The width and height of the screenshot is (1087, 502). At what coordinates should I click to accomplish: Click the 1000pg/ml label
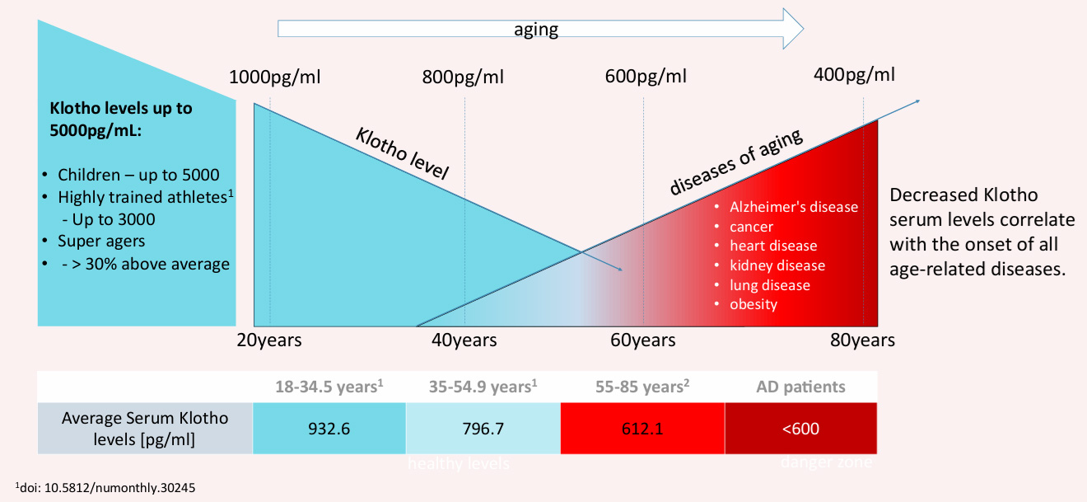[x=274, y=77]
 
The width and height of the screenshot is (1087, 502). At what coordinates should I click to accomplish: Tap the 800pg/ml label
[x=463, y=77]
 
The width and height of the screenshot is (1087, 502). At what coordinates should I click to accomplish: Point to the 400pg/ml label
[x=854, y=75]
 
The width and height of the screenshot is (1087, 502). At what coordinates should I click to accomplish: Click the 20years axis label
[x=269, y=340]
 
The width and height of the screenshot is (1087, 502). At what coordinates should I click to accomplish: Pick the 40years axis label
[x=464, y=340]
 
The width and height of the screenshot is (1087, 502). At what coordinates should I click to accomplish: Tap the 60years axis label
[x=642, y=340]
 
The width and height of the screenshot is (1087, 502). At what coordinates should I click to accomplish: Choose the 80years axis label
[x=862, y=340]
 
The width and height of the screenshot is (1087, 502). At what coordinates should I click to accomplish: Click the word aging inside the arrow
[x=536, y=30]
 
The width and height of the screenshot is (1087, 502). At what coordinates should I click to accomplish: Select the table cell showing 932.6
[x=329, y=429]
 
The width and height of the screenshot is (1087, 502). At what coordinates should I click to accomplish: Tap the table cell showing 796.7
[x=483, y=429]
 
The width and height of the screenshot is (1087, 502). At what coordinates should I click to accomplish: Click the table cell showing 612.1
[x=642, y=429]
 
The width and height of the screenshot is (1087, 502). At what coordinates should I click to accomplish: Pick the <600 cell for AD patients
[x=800, y=429]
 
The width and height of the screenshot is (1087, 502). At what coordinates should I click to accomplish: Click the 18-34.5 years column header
[x=329, y=387]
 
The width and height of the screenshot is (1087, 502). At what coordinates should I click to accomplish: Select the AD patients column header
[x=800, y=387]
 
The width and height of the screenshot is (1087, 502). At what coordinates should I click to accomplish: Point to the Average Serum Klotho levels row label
[x=145, y=429]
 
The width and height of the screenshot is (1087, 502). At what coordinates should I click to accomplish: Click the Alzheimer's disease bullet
[x=793, y=207]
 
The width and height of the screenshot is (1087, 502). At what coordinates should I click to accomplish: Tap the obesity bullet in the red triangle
[x=753, y=304]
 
